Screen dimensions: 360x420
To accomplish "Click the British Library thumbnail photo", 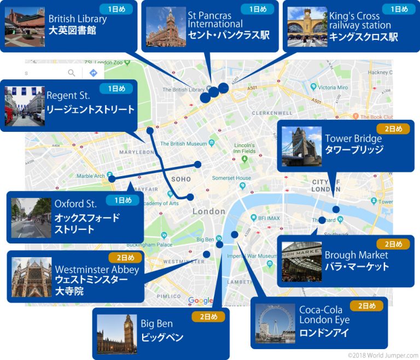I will click(25, 27).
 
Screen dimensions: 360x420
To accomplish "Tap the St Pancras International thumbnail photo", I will click(166, 27).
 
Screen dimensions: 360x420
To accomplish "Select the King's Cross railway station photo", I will click(307, 27).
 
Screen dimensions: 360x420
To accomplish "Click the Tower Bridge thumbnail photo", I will click(301, 147).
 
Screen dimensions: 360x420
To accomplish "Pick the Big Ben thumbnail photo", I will click(116, 334).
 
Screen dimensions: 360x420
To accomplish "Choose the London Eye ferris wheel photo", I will click(275, 323).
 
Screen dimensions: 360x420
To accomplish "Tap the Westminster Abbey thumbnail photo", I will click(31, 277).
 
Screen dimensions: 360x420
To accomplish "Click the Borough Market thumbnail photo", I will click(301, 262).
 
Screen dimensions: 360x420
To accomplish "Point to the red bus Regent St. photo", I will click(25, 106).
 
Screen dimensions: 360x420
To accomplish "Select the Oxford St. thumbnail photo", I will click(31, 218).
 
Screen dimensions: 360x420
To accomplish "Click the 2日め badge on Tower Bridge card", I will click(393, 129).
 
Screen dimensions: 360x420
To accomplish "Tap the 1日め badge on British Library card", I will click(116, 9).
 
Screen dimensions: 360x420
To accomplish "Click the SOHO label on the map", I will click(180, 179).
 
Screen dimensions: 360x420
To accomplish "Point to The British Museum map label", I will click(183, 144).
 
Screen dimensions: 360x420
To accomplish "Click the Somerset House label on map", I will click(231, 178).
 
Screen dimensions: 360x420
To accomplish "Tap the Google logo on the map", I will click(200, 300).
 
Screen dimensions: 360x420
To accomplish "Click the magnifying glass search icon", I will click(72, 73).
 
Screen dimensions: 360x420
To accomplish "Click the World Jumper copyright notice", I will click(382, 355).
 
